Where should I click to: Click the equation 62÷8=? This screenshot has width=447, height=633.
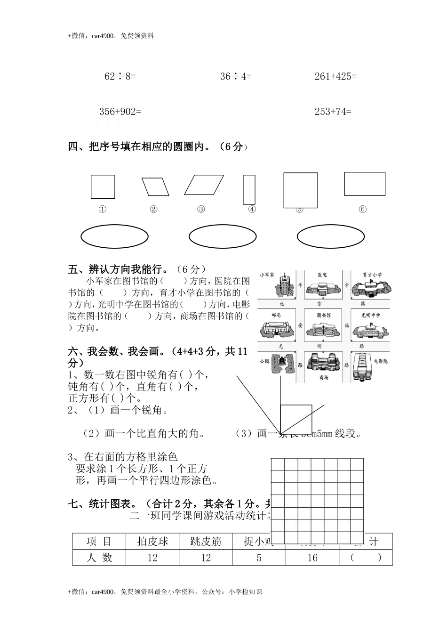coord(120,76)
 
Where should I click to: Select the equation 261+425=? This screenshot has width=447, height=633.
coord(335,76)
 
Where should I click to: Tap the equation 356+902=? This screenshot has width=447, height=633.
coord(120,112)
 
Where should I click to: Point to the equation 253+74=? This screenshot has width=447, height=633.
coord(333,112)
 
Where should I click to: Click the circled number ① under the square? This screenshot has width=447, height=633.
coord(102,210)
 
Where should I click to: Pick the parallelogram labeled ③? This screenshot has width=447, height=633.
coord(204,185)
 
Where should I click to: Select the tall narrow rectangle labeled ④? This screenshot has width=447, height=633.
coord(249,189)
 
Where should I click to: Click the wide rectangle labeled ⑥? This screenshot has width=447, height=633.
coord(365,184)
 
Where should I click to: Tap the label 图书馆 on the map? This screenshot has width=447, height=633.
coord(323,315)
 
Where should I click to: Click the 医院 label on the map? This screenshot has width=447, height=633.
coord(322,275)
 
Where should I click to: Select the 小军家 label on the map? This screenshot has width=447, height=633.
coord(266,275)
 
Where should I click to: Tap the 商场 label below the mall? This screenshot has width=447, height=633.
coord(323,377)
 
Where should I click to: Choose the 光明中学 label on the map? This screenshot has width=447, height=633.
coord(370,315)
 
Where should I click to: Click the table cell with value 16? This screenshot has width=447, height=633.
coord(312,558)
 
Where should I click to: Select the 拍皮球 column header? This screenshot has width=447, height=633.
coord(152,542)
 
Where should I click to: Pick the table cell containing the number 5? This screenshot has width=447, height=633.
coord(259,558)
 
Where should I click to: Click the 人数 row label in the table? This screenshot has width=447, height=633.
coord(99,558)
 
